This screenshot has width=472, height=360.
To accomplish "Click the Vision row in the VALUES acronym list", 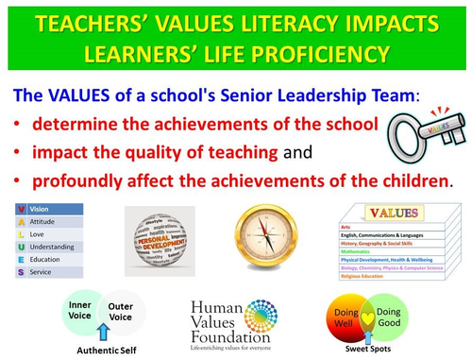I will coord(49,208).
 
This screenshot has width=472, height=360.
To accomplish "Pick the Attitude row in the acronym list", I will coord(49,221).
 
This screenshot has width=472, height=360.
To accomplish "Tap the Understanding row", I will coord(49,247).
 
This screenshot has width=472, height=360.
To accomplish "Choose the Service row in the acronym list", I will coord(49,272).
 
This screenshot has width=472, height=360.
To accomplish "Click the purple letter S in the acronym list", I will coord(22,272).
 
